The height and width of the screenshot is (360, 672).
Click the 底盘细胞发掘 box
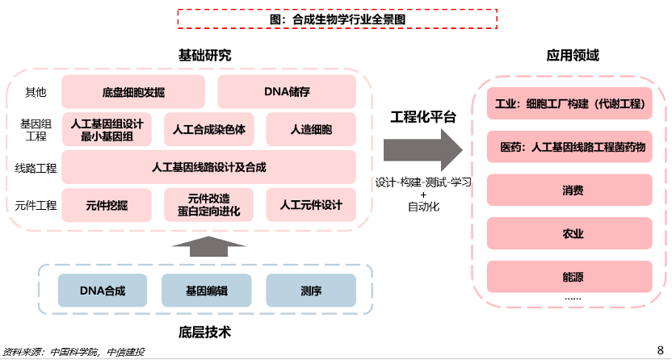[x=134, y=91]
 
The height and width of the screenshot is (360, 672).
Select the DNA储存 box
[x=287, y=91]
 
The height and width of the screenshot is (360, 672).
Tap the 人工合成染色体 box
[x=209, y=129]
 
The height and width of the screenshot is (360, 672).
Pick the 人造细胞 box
[x=311, y=129]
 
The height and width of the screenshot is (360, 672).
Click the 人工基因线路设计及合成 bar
[x=208, y=167]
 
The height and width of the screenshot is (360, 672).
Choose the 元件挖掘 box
[x=107, y=205]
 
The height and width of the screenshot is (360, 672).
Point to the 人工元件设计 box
[x=311, y=205]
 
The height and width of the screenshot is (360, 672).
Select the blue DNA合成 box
[x=103, y=290]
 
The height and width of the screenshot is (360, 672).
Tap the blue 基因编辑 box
[x=207, y=290]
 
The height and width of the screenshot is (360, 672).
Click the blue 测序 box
[x=311, y=290]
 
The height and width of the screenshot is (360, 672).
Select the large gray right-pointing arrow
[x=422, y=149]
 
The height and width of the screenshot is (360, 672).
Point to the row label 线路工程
[x=36, y=168]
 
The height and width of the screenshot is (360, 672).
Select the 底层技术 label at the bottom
[x=205, y=331]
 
